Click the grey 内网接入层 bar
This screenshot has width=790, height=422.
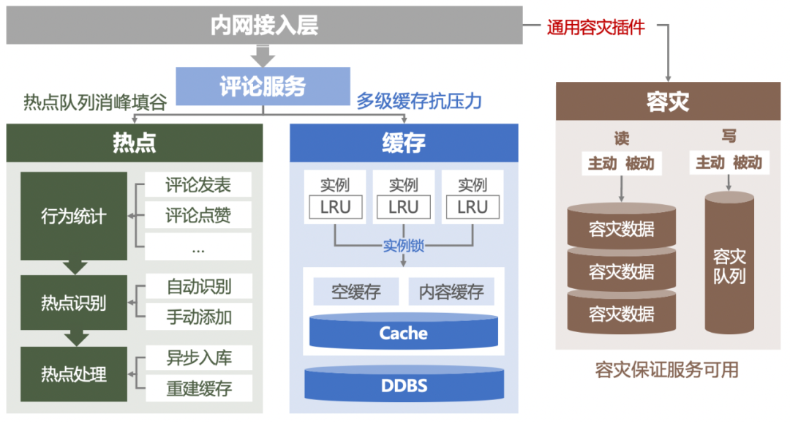click(x=264, y=26)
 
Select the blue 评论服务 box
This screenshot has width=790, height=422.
click(x=263, y=86)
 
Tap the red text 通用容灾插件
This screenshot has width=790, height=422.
click(x=595, y=28)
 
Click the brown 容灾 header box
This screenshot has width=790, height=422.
click(x=668, y=101)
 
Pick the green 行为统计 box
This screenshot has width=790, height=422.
click(x=73, y=216)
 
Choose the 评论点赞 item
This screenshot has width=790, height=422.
click(x=198, y=215)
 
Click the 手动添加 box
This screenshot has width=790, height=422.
click(x=199, y=317)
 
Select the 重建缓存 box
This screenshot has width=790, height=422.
click(x=199, y=388)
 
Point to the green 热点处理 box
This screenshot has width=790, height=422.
click(x=73, y=374)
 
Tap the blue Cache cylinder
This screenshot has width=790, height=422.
click(x=403, y=334)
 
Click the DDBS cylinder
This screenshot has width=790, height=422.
click(x=403, y=385)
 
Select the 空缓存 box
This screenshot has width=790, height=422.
click(x=356, y=292)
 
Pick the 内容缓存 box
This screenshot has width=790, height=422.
click(x=451, y=292)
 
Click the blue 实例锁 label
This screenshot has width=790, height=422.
click(x=404, y=246)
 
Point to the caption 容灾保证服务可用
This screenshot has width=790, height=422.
click(x=667, y=370)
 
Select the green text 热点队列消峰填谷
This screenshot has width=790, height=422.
click(x=95, y=102)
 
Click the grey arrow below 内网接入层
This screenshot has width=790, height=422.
click(x=263, y=56)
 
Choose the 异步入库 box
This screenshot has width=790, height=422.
click(x=199, y=359)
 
